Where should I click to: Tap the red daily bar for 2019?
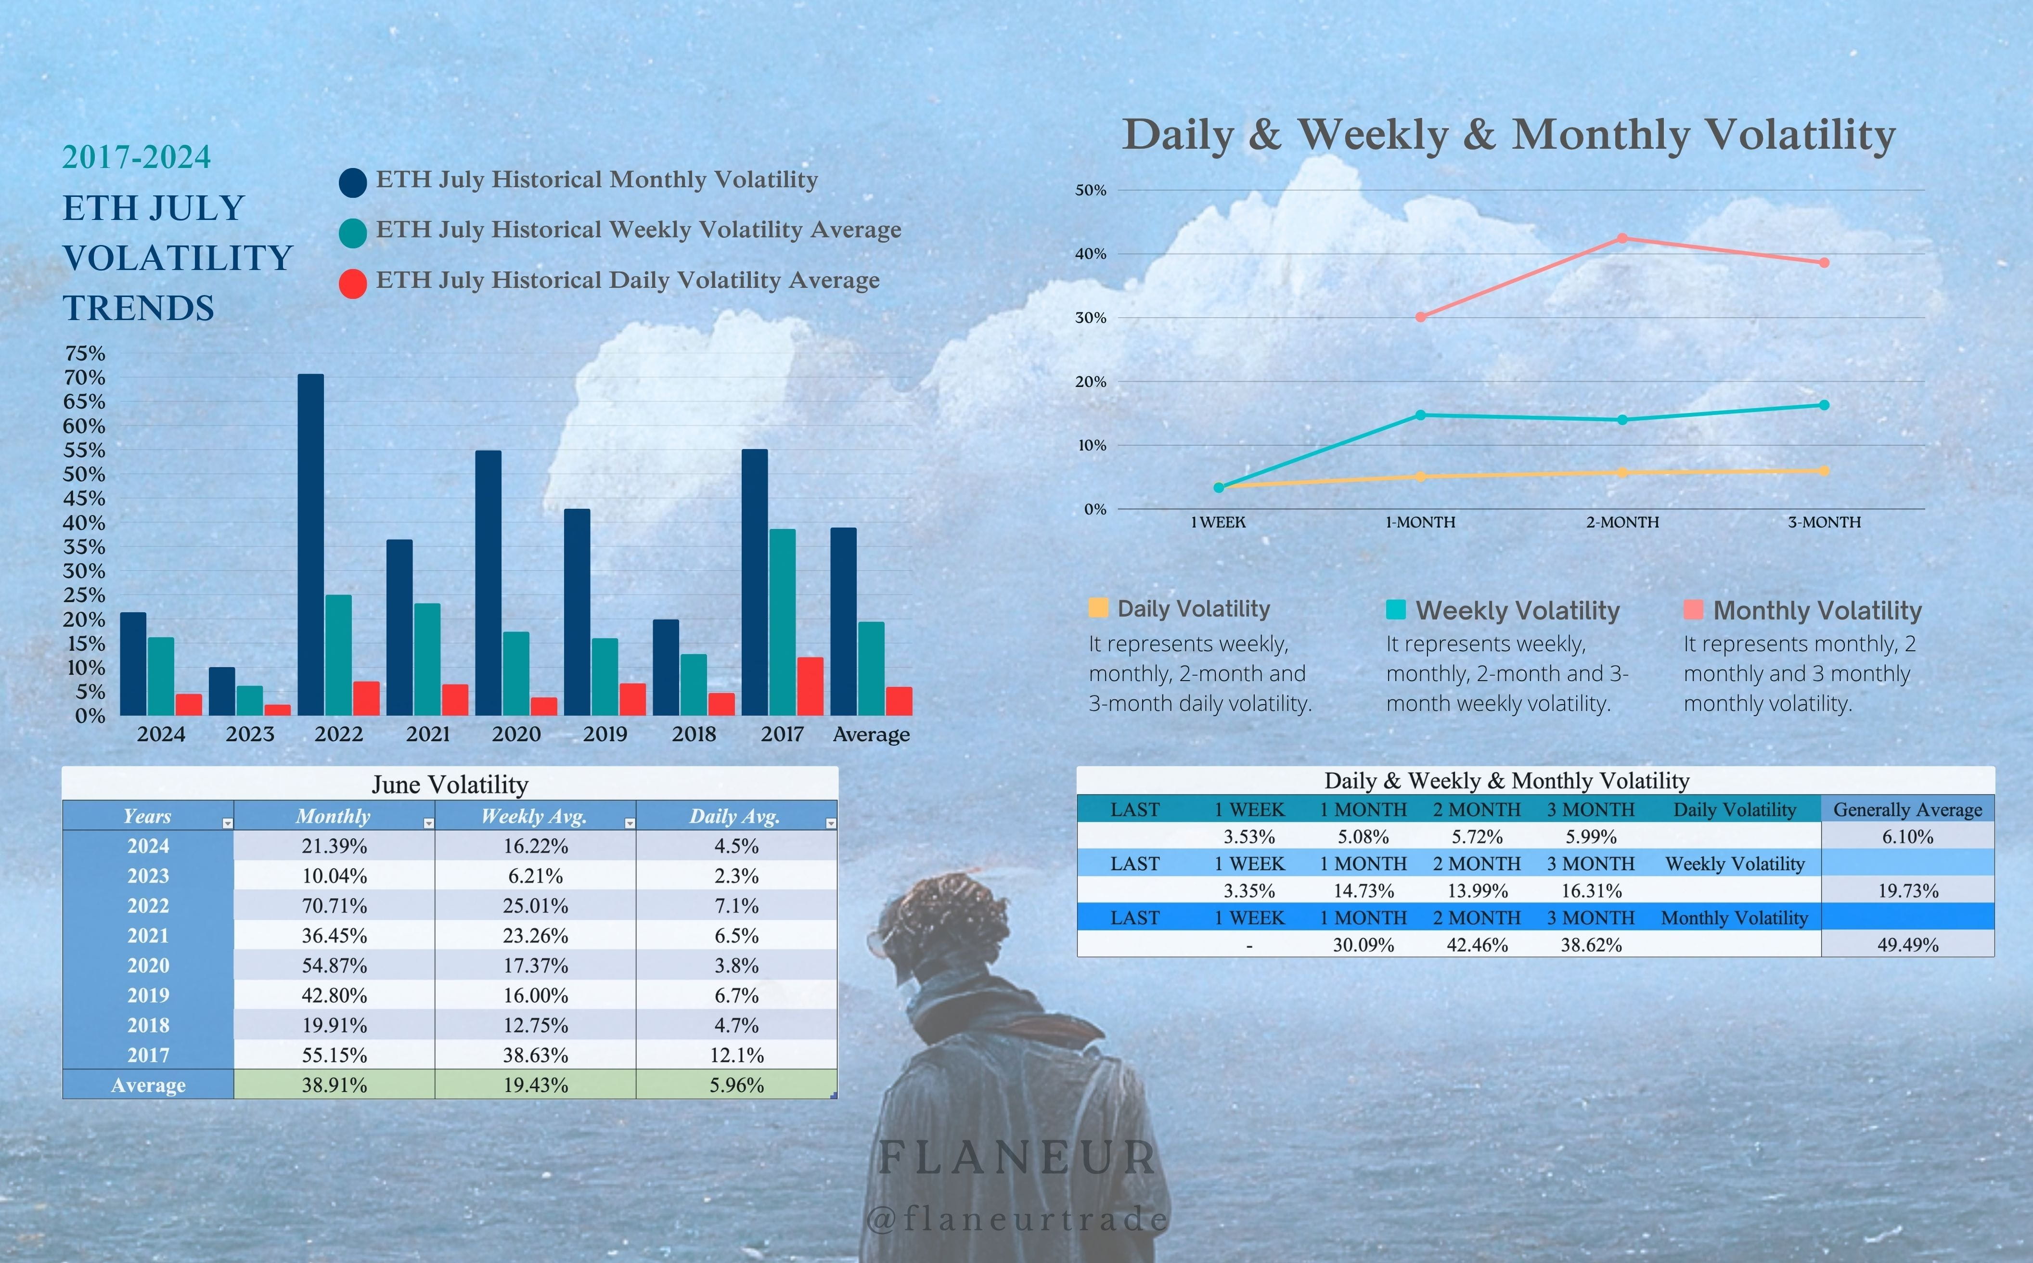[632, 699]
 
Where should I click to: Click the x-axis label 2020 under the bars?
[516, 734]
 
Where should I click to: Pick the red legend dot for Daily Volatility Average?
[352, 283]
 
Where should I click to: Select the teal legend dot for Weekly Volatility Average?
[352, 233]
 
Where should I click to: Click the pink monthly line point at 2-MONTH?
[1622, 238]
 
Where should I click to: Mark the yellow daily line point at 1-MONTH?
[1421, 477]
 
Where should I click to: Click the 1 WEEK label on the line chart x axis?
[1218, 523]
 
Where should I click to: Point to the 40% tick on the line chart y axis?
[1090, 254]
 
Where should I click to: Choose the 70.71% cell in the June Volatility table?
[334, 905]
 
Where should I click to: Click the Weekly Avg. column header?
[535, 816]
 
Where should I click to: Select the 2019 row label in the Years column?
[148, 996]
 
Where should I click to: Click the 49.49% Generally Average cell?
[1908, 945]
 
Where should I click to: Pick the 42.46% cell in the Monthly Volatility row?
[1477, 945]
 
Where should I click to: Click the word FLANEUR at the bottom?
[1017, 1158]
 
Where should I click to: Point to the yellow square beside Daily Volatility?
[1098, 607]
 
